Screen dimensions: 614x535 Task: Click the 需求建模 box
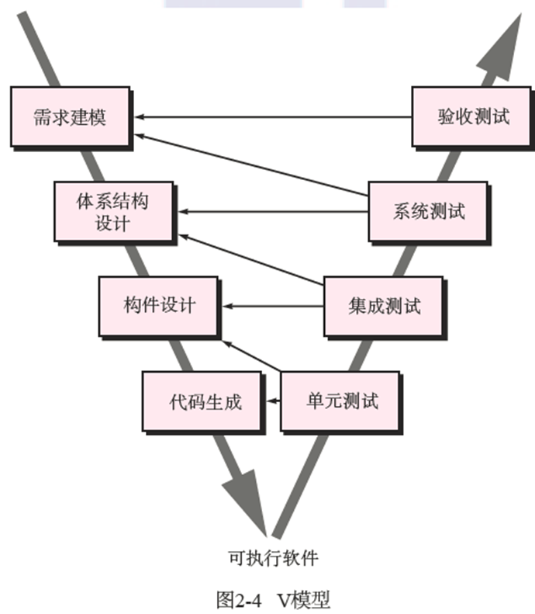coord(70,117)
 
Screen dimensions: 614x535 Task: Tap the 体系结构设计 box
coord(112,212)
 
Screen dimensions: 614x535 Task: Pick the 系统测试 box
coord(428,211)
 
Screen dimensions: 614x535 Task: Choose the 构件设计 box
coord(158,305)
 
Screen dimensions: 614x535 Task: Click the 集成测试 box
coord(384,306)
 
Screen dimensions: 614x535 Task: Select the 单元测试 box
coord(340,401)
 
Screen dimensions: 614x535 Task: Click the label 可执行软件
coord(271,557)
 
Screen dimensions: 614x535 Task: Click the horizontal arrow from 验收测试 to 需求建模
coord(271,117)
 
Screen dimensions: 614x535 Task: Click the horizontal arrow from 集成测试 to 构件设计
coord(271,306)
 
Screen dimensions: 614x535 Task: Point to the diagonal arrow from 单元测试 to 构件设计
coord(250,356)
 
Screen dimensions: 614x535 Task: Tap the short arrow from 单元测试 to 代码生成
coord(273,401)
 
